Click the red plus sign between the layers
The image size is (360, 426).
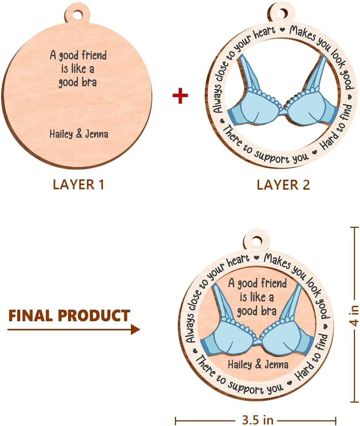pos(180,96)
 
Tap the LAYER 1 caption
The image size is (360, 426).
pos(78,184)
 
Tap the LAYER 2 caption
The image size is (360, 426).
pos(283,184)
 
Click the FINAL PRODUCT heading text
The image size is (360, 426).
pos(69,316)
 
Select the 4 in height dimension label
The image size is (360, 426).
pos(355,315)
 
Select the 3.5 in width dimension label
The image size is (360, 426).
pos(258,420)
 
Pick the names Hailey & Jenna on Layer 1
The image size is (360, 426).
pos(79,134)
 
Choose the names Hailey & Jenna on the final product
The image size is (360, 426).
pos(258,364)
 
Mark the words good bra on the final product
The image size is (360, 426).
pos(256,310)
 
